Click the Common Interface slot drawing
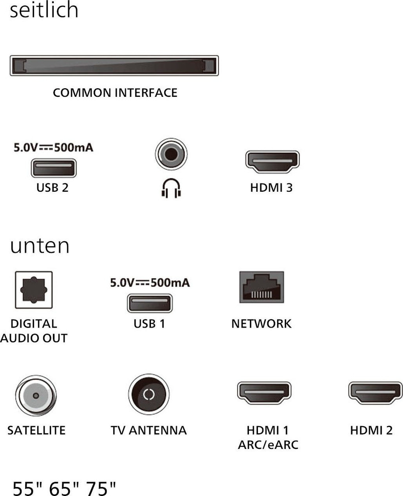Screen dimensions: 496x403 tap(114, 66)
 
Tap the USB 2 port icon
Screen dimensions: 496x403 tap(53, 168)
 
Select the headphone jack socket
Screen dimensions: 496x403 tap(171, 155)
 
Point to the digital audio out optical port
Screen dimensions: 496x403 tap(34, 290)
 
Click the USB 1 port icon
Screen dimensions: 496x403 tap(149, 303)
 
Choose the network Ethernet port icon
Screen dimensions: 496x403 tap(262, 287)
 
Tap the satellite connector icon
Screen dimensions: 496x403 tap(36, 394)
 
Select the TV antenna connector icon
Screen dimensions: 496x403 tap(149, 394)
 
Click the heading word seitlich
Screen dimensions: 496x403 tap(44, 10)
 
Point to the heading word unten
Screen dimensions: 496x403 tap(40, 246)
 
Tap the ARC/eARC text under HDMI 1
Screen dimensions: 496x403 tap(268, 445)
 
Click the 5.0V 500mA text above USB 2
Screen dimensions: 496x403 tap(53, 147)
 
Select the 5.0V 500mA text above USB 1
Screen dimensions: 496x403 tap(150, 283)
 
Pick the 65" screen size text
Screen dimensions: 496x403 tap(64, 488)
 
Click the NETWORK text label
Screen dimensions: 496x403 tap(262, 323)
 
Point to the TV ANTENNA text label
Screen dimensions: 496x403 tap(149, 431)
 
